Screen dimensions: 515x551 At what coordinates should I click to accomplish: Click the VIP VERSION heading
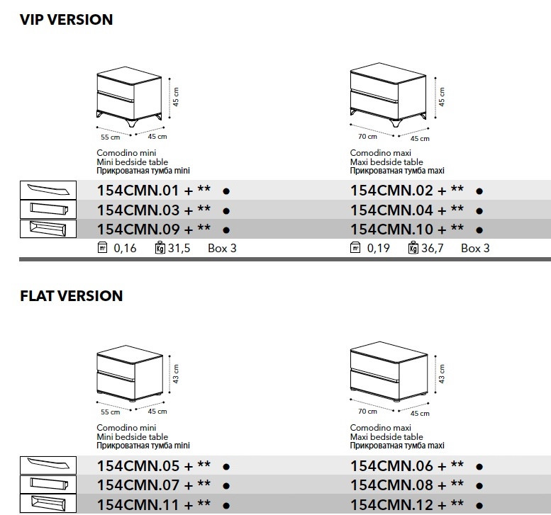(67, 20)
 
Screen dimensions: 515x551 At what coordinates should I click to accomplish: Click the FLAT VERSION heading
(72, 296)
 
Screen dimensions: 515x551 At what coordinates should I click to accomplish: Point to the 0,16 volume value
(125, 248)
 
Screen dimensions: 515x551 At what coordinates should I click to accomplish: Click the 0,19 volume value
(379, 248)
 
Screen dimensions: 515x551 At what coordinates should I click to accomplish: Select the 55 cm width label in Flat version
(110, 412)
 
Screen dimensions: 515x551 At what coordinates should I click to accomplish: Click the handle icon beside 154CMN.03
(47, 210)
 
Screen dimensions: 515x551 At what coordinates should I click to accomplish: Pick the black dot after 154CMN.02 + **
(479, 191)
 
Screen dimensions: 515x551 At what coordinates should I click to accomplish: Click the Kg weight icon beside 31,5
(158, 248)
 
